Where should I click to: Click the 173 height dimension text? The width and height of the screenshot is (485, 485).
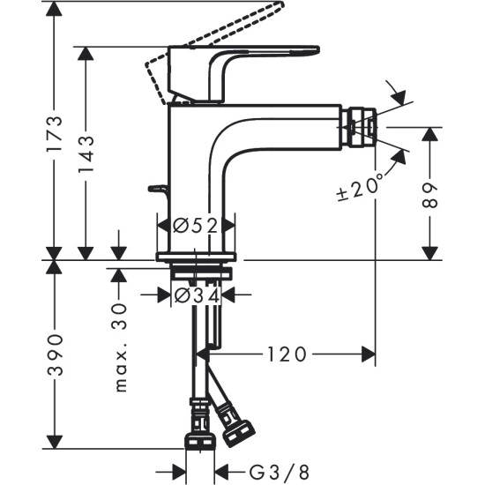pos(55,132)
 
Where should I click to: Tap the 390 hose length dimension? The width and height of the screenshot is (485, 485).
pos(55,355)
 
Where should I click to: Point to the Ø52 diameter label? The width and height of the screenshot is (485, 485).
pos(195,227)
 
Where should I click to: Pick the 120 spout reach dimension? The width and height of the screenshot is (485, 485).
pos(284,354)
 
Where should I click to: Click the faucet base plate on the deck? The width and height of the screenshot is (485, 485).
pos(197,257)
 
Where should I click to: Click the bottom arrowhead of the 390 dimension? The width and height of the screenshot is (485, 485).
pos(55,446)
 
